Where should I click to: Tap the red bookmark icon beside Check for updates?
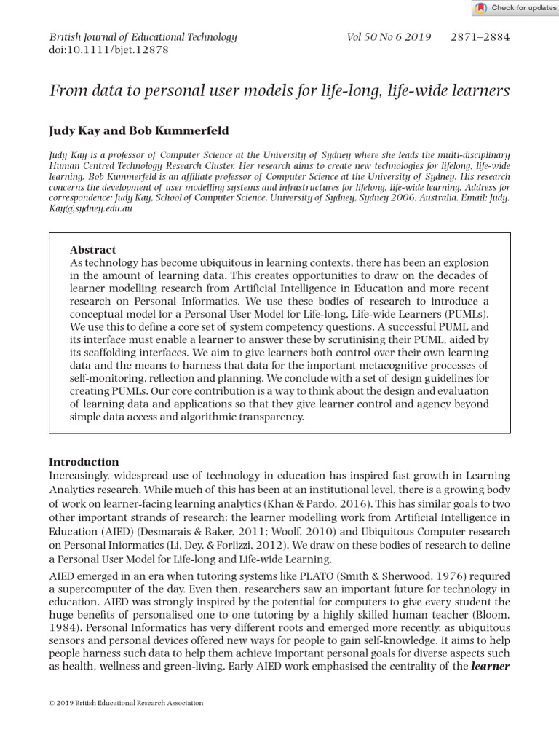point(481,8)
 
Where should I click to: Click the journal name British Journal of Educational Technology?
point(143,37)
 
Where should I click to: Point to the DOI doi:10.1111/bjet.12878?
point(108,50)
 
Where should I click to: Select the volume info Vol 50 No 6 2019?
point(389,37)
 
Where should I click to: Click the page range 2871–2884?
point(480,37)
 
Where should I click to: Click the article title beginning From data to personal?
point(279,90)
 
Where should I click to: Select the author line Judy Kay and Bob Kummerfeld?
point(138,131)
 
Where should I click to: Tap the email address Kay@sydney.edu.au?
point(90,208)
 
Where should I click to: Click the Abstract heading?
point(92,249)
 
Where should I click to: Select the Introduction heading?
point(83,462)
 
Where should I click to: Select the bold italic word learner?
point(490,667)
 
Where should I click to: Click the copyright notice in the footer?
point(126,703)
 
